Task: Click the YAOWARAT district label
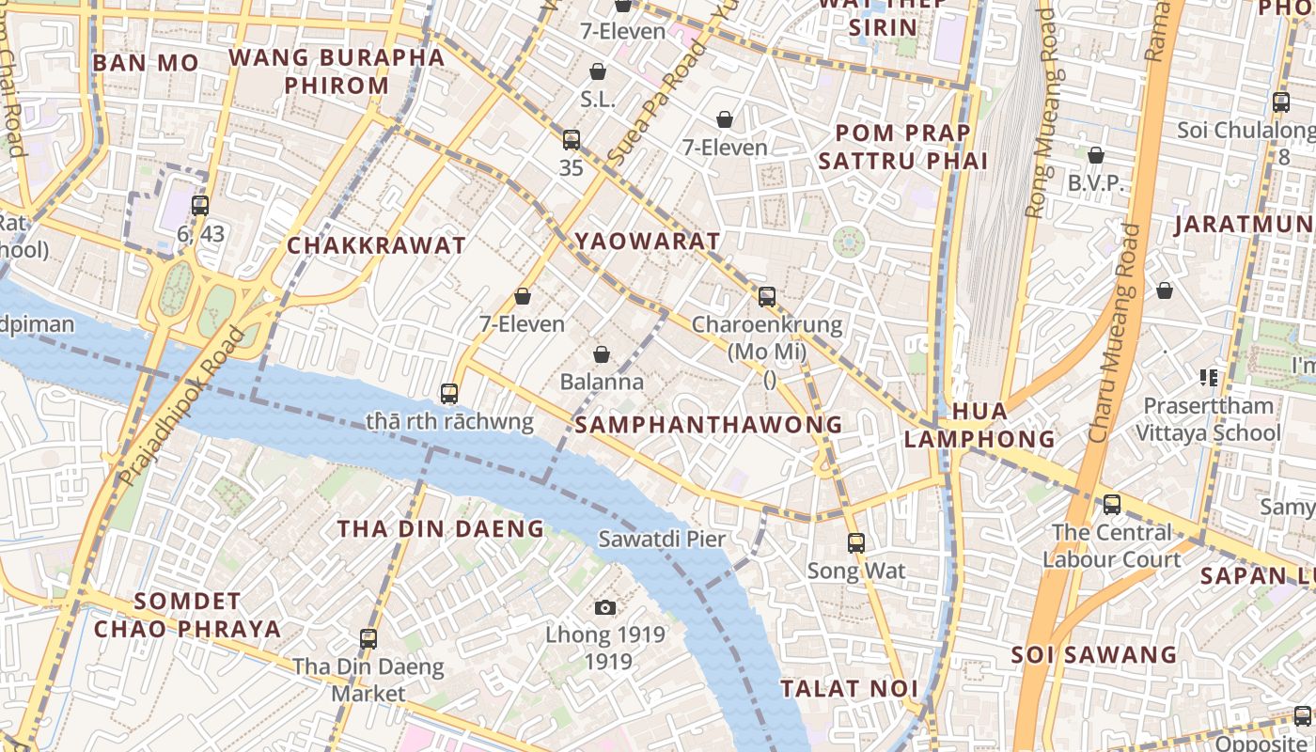click(x=648, y=242)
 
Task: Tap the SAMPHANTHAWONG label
click(x=709, y=425)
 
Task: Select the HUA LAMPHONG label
click(x=979, y=425)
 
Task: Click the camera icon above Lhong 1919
click(x=606, y=608)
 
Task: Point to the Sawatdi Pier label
click(x=662, y=539)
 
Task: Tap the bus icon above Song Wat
click(x=855, y=542)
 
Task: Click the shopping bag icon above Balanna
click(x=602, y=354)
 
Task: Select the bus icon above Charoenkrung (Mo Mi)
click(x=767, y=297)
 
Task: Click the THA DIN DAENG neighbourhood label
click(x=441, y=529)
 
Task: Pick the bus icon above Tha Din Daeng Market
click(x=368, y=639)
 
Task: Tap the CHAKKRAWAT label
click(x=376, y=246)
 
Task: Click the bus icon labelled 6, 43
click(x=200, y=205)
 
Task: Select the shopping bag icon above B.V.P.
click(x=1095, y=155)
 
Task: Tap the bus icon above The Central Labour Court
click(x=1112, y=505)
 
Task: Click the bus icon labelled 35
click(x=572, y=140)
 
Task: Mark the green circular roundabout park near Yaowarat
click(x=848, y=243)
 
